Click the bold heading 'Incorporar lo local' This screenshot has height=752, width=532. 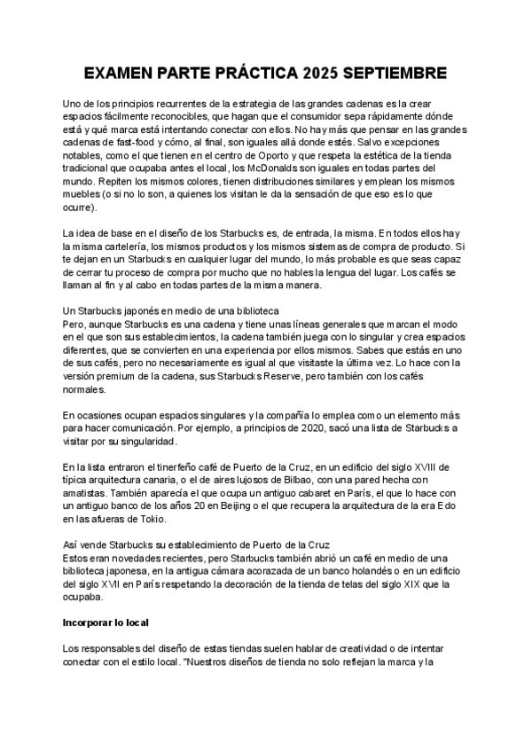106,623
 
